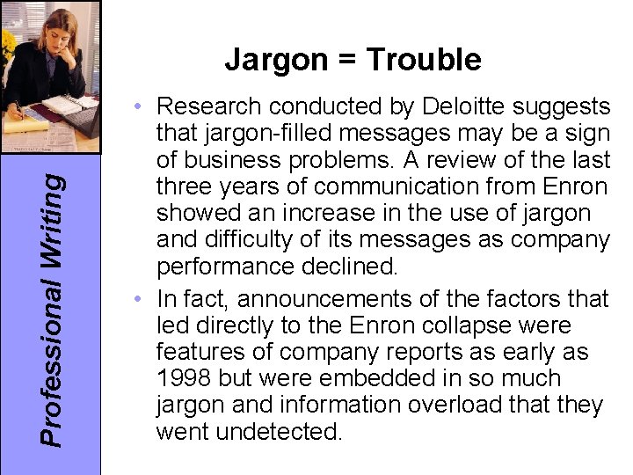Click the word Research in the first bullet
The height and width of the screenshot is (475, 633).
[210, 107]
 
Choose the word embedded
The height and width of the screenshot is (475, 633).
[369, 378]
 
